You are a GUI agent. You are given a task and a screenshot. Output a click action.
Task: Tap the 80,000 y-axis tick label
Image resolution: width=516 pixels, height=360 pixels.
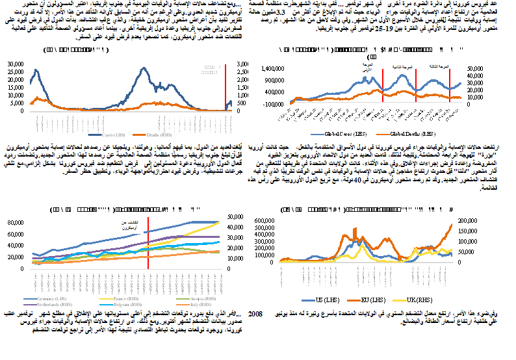pyautogui.click(x=19, y=223)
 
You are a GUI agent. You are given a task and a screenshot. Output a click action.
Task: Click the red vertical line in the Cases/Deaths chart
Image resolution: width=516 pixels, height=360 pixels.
pyautogui.click(x=225, y=84)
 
